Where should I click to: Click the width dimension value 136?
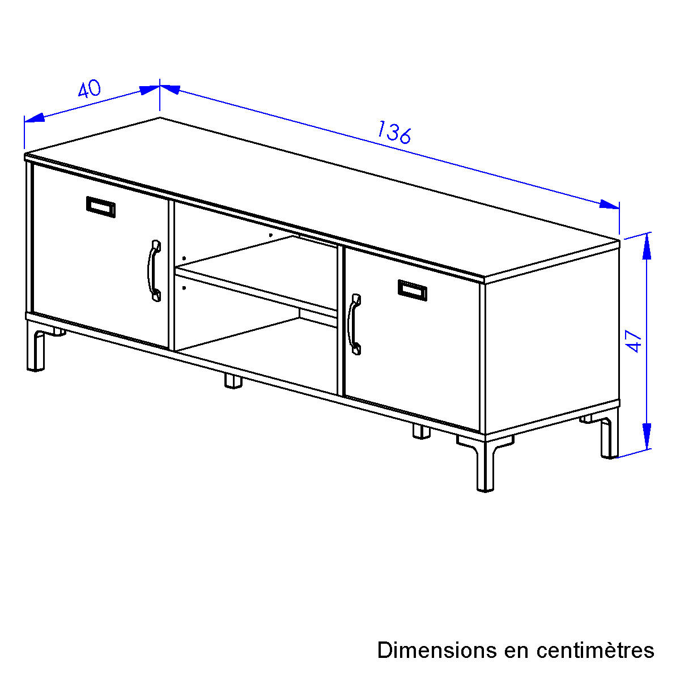pyautogui.click(x=394, y=133)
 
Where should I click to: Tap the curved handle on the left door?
pyautogui.click(x=154, y=271)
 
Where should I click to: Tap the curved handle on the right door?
pyautogui.click(x=354, y=324)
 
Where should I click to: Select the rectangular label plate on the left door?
pyautogui.click(x=100, y=207)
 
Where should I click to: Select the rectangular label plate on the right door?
pyautogui.click(x=412, y=290)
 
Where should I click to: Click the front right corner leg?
pyautogui.click(x=485, y=465)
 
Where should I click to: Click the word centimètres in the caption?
pyautogui.click(x=596, y=651)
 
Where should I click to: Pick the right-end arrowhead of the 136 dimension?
pyautogui.click(x=609, y=205)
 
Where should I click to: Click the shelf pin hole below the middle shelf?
pyautogui.click(x=184, y=288)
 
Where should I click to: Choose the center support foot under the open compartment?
pyautogui.click(x=233, y=381)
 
